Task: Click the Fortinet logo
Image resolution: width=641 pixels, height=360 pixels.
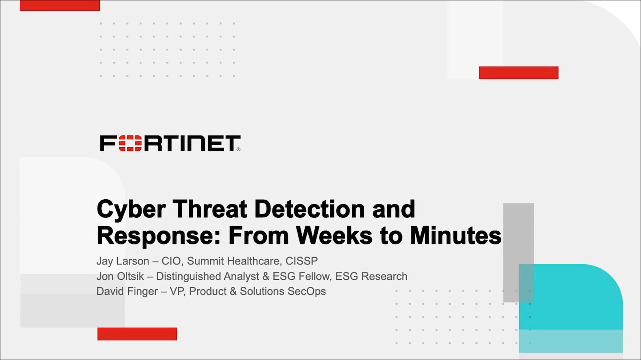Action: tap(170, 143)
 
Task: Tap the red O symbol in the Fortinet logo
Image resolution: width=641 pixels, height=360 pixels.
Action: tap(130, 143)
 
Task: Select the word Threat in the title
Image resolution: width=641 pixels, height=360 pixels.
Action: tap(210, 209)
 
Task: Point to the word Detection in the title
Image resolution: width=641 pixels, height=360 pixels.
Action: tap(310, 209)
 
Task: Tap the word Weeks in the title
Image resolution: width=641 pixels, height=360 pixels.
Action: tap(334, 235)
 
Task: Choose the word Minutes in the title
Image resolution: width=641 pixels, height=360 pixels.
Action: tap(456, 235)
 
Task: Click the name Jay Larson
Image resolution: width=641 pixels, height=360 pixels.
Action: tap(123, 261)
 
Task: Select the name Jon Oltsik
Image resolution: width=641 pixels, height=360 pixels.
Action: tap(120, 276)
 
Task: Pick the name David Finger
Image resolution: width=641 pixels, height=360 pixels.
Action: tap(127, 291)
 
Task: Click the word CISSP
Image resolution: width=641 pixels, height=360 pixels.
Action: tap(302, 261)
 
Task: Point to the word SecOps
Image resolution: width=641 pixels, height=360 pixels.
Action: tap(307, 291)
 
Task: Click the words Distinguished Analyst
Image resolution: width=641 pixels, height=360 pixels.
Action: tap(207, 276)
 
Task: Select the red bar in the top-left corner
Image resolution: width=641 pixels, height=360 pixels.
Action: tap(60, 5)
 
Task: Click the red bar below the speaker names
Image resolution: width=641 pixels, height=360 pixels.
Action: tap(137, 334)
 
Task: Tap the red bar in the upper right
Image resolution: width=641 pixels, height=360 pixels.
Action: tap(519, 73)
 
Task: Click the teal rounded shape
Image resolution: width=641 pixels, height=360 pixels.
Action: tap(571, 308)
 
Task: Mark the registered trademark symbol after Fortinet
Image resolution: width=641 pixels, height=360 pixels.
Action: tap(238, 149)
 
